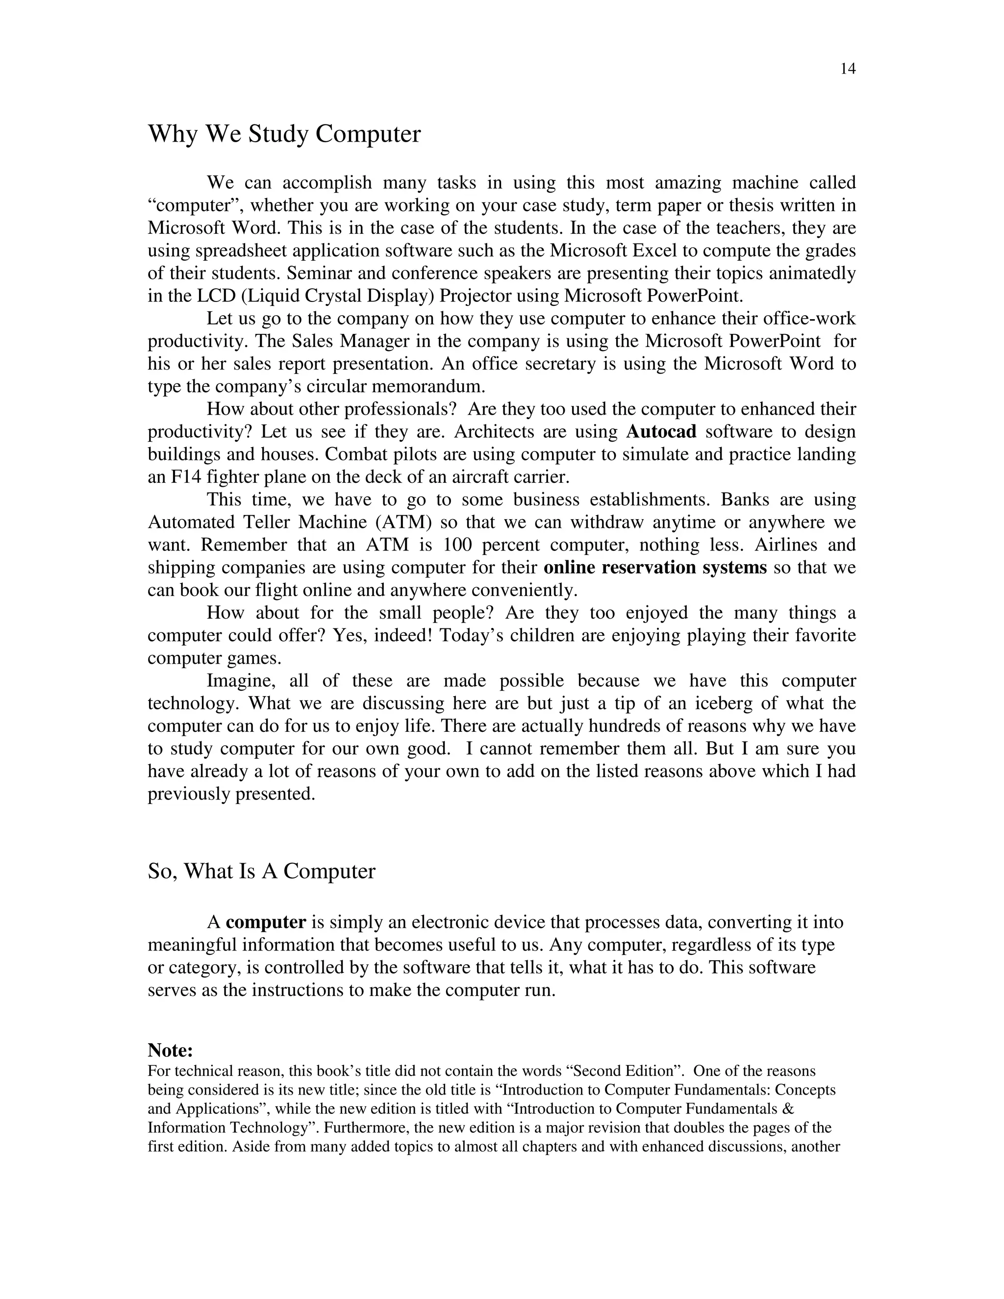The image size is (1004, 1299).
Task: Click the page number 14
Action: (848, 69)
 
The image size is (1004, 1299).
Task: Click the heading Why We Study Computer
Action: (284, 134)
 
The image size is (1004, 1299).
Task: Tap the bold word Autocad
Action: (661, 432)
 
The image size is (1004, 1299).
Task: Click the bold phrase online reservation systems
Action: (655, 568)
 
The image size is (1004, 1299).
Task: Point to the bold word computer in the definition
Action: (266, 923)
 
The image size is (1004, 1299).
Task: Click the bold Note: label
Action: (170, 1050)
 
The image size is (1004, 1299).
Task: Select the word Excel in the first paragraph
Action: (654, 250)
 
